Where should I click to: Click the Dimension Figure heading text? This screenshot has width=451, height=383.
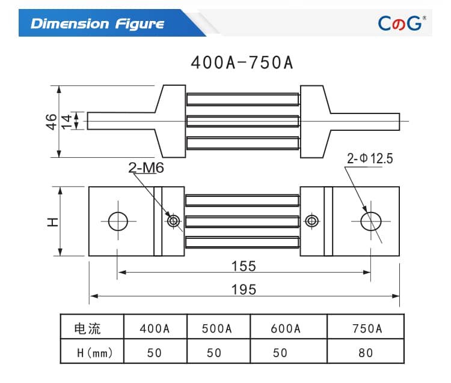click(x=97, y=24)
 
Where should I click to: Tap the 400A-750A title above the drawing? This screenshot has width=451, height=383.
click(x=242, y=62)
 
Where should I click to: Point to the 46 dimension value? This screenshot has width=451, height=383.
click(x=51, y=121)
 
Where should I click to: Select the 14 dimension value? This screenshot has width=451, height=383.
click(x=67, y=121)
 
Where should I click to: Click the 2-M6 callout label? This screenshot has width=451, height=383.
click(x=146, y=169)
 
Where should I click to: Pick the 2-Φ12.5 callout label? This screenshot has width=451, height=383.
click(x=369, y=158)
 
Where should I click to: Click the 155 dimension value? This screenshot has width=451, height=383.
click(x=244, y=265)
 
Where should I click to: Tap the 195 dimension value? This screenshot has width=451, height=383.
click(x=244, y=289)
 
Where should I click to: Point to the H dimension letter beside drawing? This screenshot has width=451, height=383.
click(x=53, y=222)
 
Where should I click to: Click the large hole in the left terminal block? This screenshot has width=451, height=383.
click(x=118, y=221)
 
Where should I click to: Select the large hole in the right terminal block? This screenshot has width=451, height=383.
click(x=370, y=221)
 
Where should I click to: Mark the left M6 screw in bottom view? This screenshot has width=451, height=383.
click(x=174, y=221)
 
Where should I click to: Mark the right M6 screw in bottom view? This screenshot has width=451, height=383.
click(x=311, y=221)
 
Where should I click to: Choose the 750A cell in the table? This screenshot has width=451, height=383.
click(x=367, y=328)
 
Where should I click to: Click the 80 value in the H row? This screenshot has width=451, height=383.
click(x=366, y=352)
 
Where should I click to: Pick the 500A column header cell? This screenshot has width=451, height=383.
click(x=216, y=328)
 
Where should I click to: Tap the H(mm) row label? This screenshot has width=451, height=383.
click(x=92, y=352)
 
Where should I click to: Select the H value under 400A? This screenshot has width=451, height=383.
click(x=155, y=352)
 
